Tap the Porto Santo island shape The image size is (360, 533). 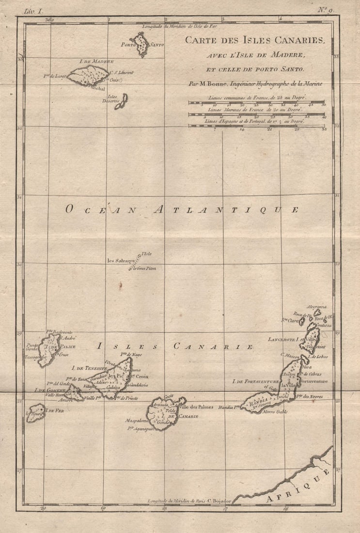pos(141,45)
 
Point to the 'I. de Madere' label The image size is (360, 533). pos(96,62)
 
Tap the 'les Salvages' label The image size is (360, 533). pos(121,261)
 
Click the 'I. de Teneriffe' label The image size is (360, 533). pos(89,368)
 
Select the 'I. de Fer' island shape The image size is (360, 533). pos(36,413)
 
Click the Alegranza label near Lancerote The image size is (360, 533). pos(317,307)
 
